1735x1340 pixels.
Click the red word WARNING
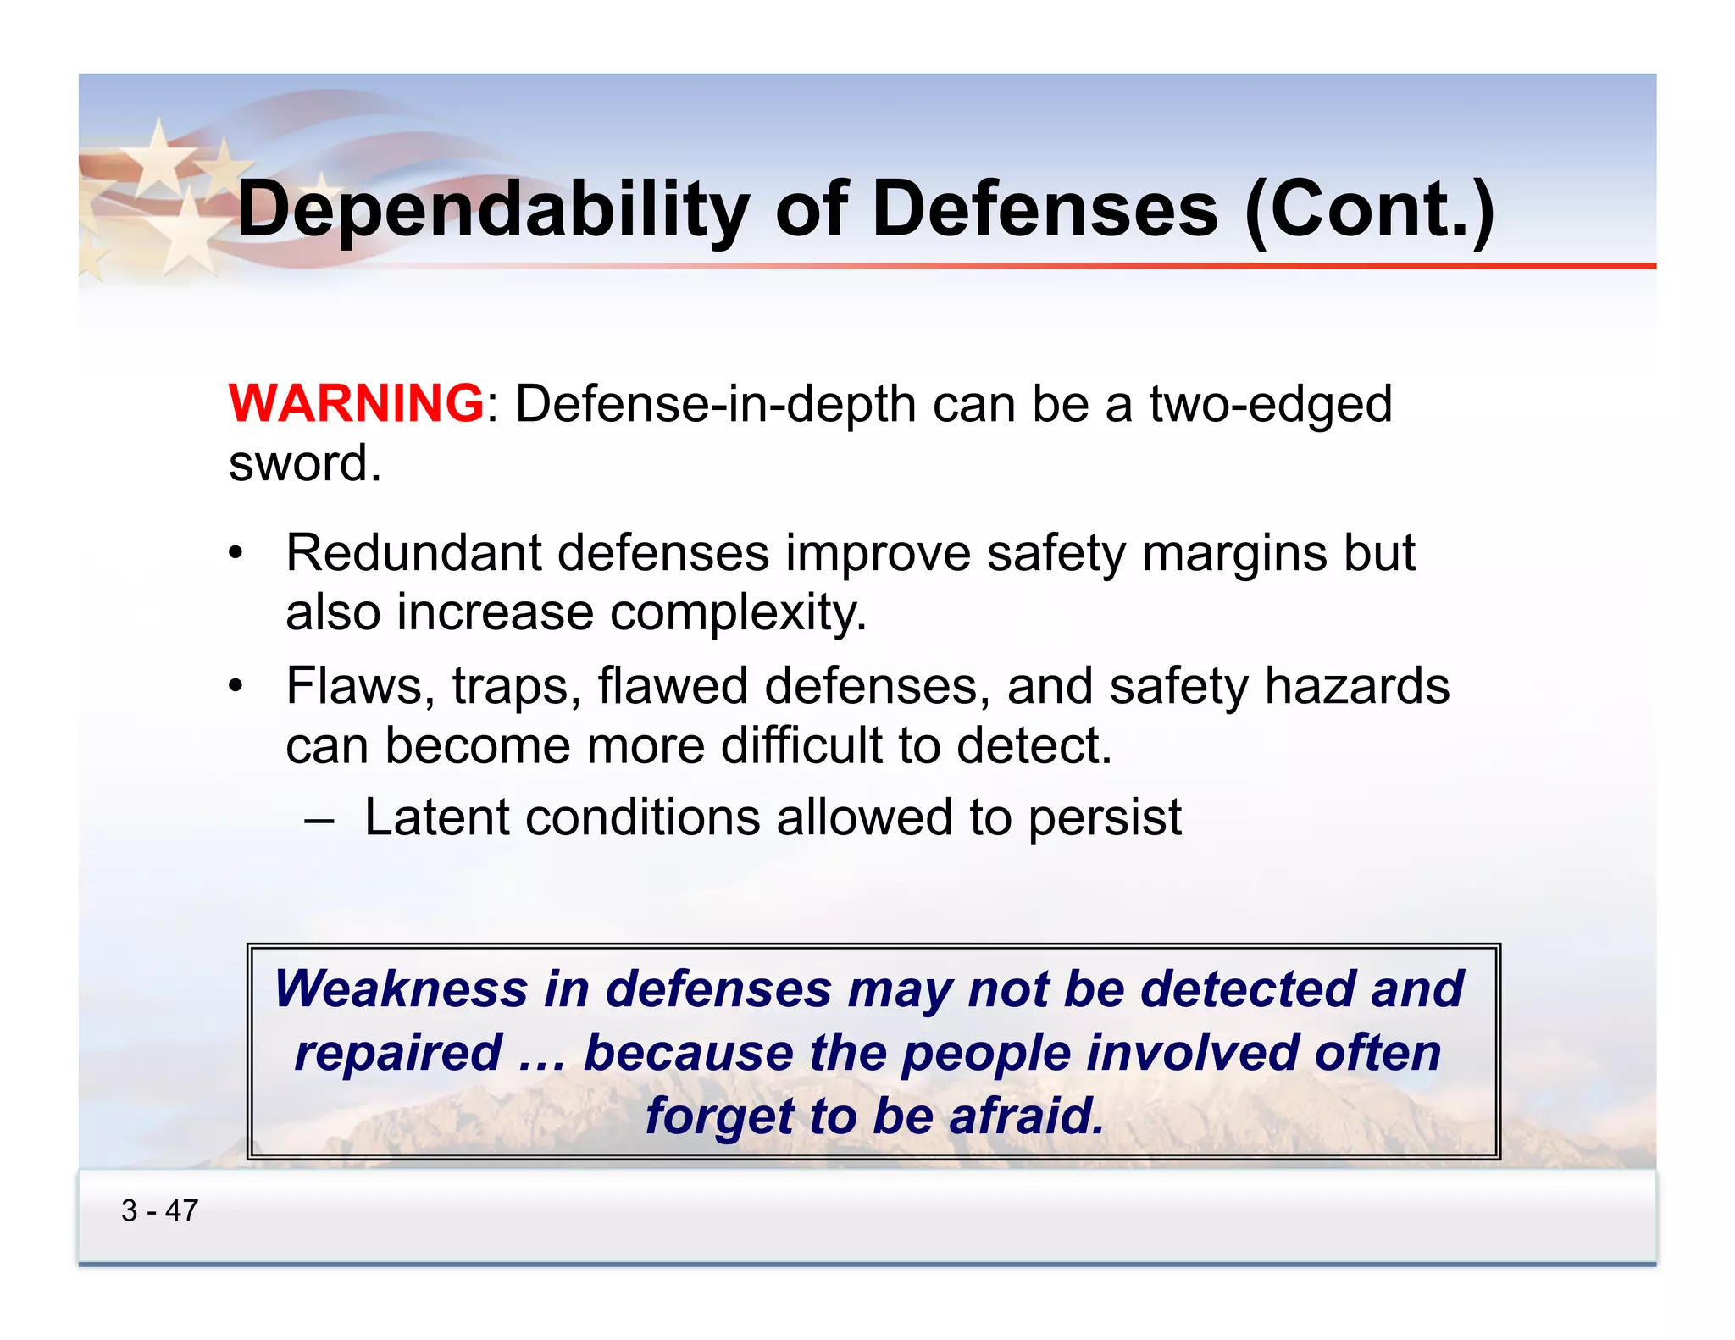coord(356,403)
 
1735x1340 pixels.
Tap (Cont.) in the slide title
coord(1370,210)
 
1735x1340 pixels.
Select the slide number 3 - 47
coord(159,1211)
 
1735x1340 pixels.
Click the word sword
coord(304,464)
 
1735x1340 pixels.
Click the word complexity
coord(738,613)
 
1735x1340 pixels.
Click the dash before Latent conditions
coord(319,820)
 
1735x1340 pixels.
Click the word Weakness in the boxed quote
coord(401,989)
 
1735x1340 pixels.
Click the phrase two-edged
coord(1270,405)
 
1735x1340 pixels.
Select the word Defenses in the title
coord(1045,210)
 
